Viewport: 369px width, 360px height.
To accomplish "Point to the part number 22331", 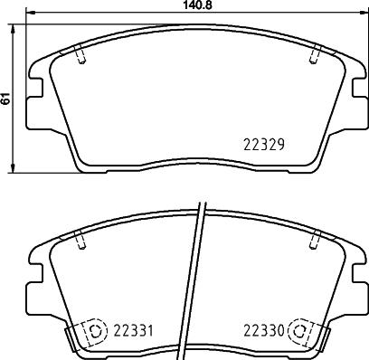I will click(x=130, y=330).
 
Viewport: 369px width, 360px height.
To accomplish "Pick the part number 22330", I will click(x=262, y=330).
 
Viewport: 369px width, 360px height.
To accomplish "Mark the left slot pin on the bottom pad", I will click(x=81, y=241).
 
